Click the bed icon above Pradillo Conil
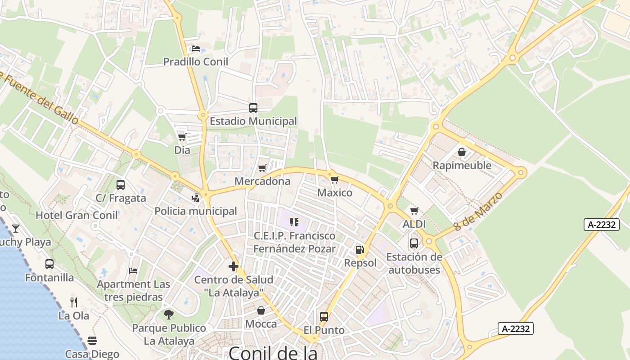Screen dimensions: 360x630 pyautogui.click(x=195, y=49)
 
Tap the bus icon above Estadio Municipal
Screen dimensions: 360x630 pyautogui.click(x=253, y=108)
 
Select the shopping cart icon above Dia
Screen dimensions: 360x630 pyautogui.click(x=182, y=137)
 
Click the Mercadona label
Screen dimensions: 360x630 pyautogui.click(x=263, y=181)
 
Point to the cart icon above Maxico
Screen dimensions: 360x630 pyautogui.click(x=334, y=180)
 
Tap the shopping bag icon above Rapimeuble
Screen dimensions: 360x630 pyautogui.click(x=462, y=152)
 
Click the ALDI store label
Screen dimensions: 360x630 pyautogui.click(x=414, y=224)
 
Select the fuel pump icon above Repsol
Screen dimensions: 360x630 pyautogui.click(x=360, y=250)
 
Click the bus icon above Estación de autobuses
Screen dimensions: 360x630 pyautogui.click(x=414, y=243)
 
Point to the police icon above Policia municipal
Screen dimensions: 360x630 pyautogui.click(x=195, y=198)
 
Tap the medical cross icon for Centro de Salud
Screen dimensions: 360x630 pyautogui.click(x=234, y=266)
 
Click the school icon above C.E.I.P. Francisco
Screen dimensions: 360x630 pyautogui.click(x=294, y=222)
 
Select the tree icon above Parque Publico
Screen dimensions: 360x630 pyautogui.click(x=169, y=314)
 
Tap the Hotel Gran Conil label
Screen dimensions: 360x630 pyautogui.click(x=76, y=215)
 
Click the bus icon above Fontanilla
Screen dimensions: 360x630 pyautogui.click(x=49, y=264)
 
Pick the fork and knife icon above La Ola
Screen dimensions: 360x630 pyautogui.click(x=74, y=302)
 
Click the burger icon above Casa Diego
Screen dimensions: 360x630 pyautogui.click(x=92, y=340)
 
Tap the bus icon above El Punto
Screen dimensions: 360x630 pyautogui.click(x=324, y=316)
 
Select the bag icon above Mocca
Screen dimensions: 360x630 pyautogui.click(x=261, y=310)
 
